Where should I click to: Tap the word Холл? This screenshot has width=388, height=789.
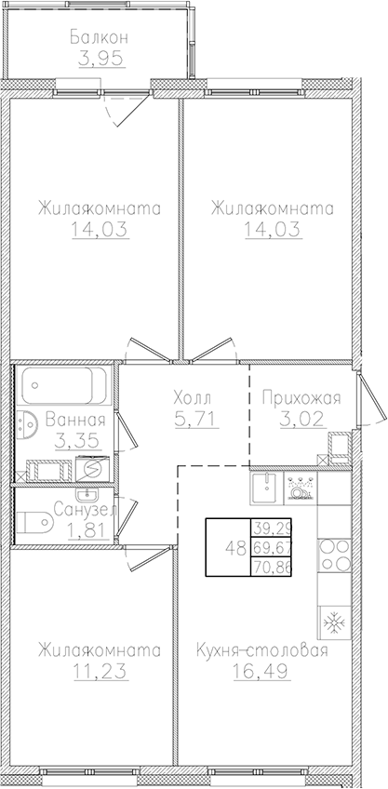(x=192, y=398)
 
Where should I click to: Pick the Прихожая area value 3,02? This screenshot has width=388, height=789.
(x=302, y=419)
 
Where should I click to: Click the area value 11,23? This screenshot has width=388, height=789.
(x=98, y=671)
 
